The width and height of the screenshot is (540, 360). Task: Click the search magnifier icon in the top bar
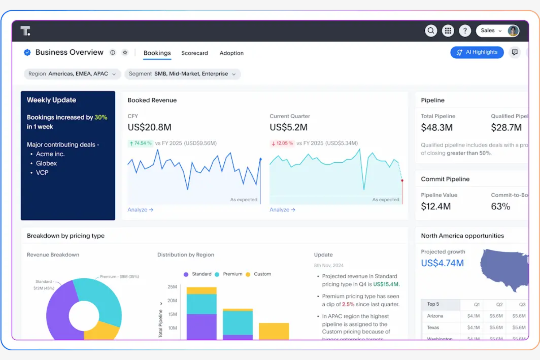click(431, 31)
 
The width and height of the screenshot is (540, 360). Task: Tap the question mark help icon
click(465, 31)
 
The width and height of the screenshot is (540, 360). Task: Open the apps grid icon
click(448, 31)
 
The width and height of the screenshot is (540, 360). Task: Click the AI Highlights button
click(477, 52)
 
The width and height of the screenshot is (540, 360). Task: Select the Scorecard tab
click(194, 53)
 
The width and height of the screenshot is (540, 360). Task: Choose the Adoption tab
click(231, 53)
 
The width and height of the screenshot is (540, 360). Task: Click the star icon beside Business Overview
click(125, 53)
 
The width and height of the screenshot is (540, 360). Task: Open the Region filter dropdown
click(72, 74)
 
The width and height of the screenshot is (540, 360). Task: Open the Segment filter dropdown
click(182, 74)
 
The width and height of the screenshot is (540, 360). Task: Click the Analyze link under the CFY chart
click(140, 210)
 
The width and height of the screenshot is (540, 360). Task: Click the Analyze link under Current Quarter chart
click(282, 210)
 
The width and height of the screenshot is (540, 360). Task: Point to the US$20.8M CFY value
click(149, 127)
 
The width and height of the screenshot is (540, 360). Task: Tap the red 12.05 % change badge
click(282, 143)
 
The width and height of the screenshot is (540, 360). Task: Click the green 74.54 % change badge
click(140, 143)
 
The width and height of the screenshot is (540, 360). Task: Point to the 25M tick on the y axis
click(172, 287)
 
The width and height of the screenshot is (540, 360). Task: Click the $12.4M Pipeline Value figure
click(436, 206)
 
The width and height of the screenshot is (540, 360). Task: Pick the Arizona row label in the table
click(435, 316)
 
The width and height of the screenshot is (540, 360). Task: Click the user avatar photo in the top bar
click(513, 31)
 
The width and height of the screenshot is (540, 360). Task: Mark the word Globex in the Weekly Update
click(46, 163)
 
